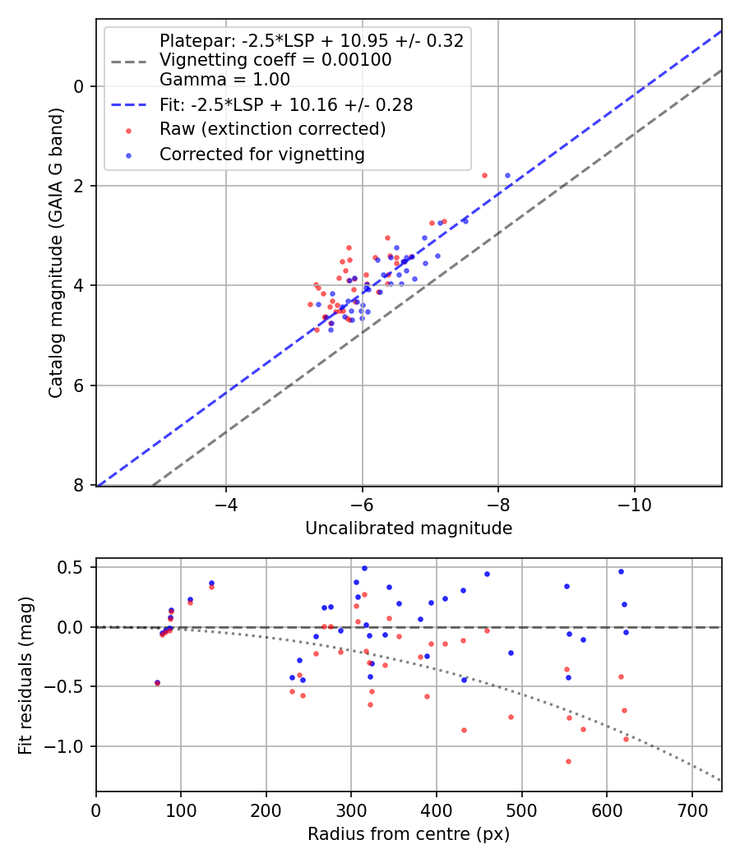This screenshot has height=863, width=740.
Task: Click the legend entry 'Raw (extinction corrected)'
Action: click(272, 129)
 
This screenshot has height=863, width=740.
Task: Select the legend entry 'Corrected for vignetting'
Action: click(261, 154)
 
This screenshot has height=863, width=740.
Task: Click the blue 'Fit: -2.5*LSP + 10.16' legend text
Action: click(286, 104)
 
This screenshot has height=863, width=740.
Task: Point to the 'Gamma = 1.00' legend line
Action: click(224, 80)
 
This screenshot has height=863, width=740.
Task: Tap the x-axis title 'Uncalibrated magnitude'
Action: click(409, 528)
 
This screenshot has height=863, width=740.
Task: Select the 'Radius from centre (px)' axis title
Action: click(409, 834)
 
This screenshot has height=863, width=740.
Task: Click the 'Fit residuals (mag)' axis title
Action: click(27, 675)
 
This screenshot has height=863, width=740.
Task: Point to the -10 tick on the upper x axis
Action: click(634, 504)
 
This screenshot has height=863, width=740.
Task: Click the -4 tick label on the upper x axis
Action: click(226, 504)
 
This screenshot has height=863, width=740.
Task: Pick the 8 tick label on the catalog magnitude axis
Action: click(79, 486)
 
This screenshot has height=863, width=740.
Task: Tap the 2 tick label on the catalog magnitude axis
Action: click(79, 186)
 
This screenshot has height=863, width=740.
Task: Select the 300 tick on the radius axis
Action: click(351, 810)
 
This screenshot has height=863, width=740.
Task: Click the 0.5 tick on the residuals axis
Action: click(74, 567)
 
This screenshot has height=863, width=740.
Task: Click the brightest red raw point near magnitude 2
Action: click(484, 175)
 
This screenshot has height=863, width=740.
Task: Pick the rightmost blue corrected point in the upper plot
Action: click(507, 175)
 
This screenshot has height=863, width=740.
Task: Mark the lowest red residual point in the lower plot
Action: click(568, 761)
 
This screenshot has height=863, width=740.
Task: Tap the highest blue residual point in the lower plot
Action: click(364, 568)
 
